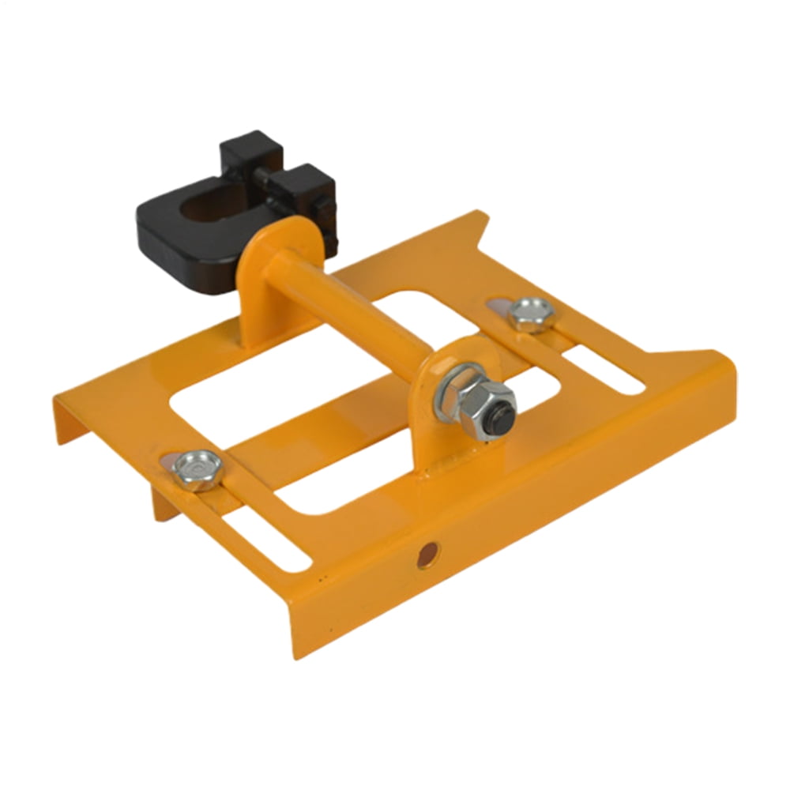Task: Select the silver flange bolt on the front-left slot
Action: point(194,468)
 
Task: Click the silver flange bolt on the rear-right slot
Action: point(530,314)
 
